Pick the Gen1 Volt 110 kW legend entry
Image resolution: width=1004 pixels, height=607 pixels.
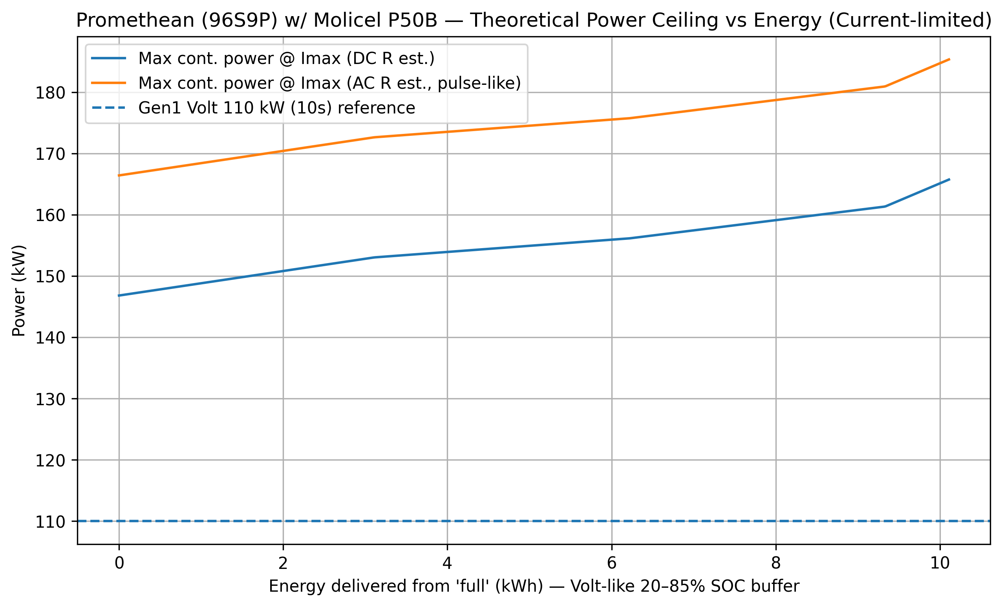pos(276,108)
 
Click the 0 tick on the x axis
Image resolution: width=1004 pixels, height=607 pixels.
pos(119,563)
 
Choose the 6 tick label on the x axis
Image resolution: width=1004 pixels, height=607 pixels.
pos(612,563)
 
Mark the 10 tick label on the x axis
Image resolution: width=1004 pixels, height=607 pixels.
pos(940,563)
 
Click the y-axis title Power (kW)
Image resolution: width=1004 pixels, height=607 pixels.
pos(19,291)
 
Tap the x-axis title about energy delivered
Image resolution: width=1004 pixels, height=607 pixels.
pos(534,587)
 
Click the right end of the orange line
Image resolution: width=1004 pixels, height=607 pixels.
pos(949,59)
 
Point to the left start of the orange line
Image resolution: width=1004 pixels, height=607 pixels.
pos(119,176)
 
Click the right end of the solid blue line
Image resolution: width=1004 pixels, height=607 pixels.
pos(949,179)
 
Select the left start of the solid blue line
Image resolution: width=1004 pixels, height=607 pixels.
pos(119,295)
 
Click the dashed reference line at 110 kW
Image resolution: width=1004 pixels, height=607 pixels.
pos(530,521)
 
